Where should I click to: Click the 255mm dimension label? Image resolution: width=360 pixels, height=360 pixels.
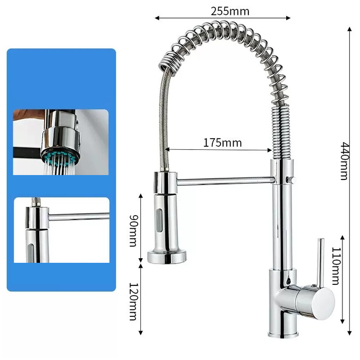point(230,11)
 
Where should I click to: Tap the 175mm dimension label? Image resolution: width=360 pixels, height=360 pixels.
point(222,143)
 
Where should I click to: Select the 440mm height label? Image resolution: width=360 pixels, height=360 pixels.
point(344,161)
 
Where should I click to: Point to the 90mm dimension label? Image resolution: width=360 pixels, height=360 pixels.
point(133,230)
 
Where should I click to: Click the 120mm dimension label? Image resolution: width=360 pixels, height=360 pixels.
point(133,301)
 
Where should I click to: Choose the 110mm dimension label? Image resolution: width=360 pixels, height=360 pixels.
point(336,266)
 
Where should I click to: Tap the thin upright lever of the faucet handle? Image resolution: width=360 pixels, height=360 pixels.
point(320,262)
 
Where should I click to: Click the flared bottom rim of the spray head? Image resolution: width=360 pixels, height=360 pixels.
point(167,257)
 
